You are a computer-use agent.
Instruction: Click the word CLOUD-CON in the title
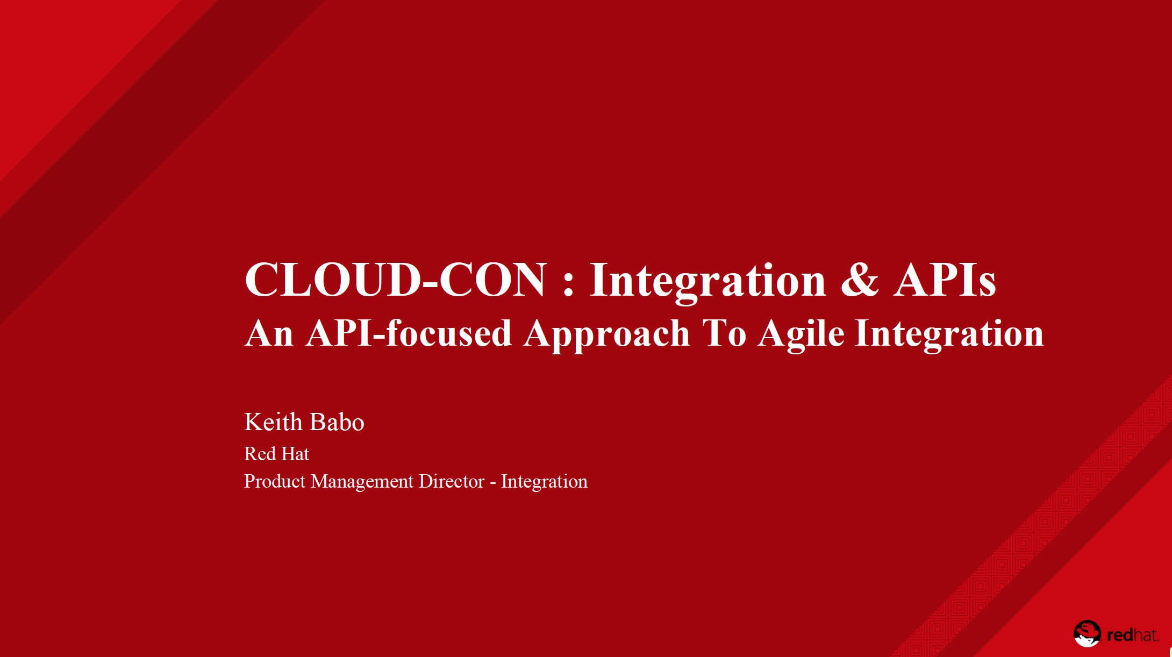396,280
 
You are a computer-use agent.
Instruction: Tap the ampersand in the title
860,280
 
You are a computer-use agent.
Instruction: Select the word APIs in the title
945,280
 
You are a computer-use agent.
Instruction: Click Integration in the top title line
708,281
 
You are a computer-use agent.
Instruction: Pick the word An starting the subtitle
269,333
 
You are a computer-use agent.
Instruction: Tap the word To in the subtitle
725,333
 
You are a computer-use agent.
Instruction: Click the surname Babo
337,422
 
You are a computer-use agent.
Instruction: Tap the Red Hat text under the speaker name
276,454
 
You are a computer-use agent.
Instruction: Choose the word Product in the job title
275,481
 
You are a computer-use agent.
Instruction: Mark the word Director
452,481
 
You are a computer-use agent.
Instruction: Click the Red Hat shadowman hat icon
1087,633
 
